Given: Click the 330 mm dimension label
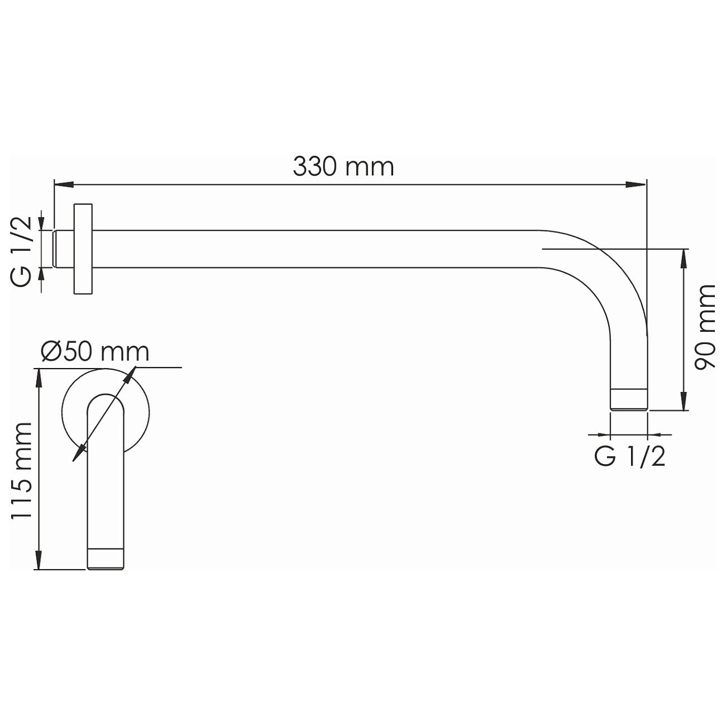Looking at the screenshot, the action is pyautogui.click(x=343, y=167).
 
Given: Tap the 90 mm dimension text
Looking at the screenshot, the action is pyautogui.click(x=705, y=327).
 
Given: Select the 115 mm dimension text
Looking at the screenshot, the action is pyautogui.click(x=21, y=470).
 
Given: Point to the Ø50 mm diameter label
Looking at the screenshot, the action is pyautogui.click(x=95, y=352).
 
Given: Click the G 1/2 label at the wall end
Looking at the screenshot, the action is pyautogui.click(x=21, y=252).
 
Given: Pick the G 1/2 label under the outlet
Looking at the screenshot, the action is pyautogui.click(x=630, y=457).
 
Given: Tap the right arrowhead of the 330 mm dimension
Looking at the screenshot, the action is pyautogui.click(x=636, y=185).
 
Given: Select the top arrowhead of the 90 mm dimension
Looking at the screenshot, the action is pyautogui.click(x=684, y=259).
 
